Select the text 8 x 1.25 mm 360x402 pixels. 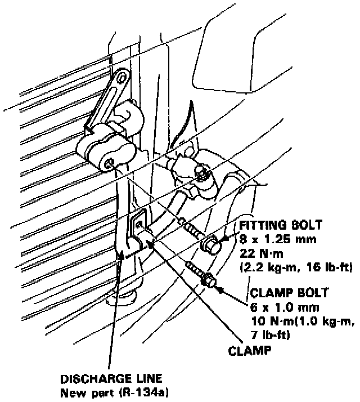[274, 239]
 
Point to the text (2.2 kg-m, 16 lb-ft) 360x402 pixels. [296, 268]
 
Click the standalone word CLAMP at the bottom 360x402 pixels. [250, 350]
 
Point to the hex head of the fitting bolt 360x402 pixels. [211, 245]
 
